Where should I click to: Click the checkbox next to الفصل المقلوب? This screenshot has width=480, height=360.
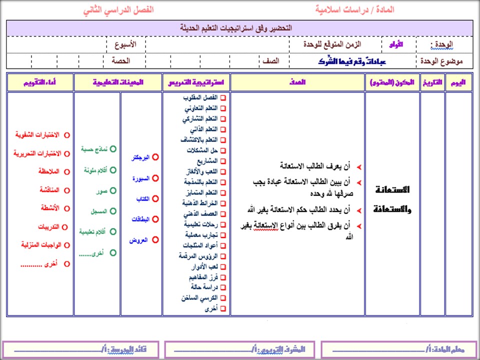(x=223, y=98)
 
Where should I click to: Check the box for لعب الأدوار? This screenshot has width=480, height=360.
(x=223, y=266)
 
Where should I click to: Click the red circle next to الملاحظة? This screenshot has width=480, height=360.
(x=67, y=171)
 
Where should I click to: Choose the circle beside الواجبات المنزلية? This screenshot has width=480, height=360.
(x=67, y=245)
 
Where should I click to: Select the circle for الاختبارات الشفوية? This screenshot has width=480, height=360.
(x=67, y=135)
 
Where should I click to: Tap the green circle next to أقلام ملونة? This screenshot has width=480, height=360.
(x=113, y=170)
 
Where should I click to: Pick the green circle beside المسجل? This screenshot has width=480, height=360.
(x=113, y=211)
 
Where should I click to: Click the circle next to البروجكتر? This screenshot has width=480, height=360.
(x=155, y=157)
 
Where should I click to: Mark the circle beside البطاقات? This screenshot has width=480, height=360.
(x=155, y=219)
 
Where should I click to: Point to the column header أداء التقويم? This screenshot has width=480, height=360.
(x=40, y=82)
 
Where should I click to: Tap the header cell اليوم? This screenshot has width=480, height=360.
(x=458, y=82)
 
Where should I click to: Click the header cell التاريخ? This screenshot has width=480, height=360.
(x=432, y=82)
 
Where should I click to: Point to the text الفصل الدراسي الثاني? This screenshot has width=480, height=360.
(x=119, y=10)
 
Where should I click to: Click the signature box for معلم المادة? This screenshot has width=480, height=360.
(x=397, y=349)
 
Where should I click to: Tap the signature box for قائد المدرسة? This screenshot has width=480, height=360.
(x=80, y=349)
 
